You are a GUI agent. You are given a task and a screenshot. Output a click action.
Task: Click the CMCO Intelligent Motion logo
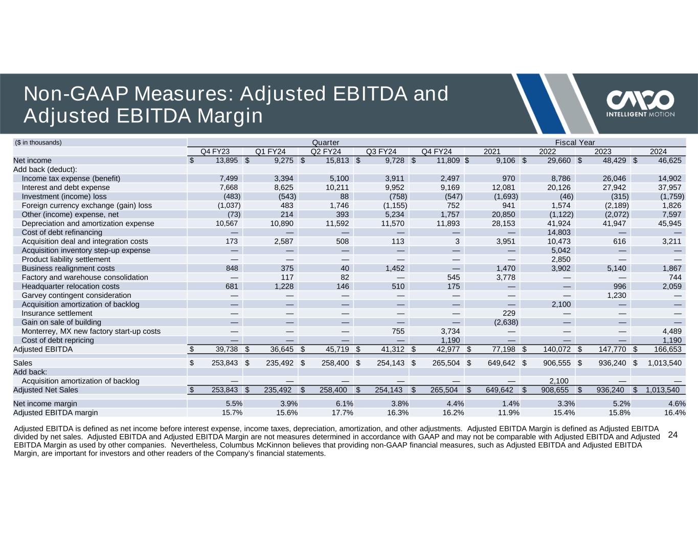(640, 104)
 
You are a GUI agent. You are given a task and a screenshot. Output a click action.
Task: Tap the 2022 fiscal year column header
(548, 151)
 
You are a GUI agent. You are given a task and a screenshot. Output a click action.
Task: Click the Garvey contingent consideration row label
(76, 295)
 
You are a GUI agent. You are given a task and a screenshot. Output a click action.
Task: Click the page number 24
(673, 435)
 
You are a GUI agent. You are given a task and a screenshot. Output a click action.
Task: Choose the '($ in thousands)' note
(38, 142)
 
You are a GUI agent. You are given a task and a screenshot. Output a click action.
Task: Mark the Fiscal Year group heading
(575, 142)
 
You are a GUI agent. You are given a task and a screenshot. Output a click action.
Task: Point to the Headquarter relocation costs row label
(71, 286)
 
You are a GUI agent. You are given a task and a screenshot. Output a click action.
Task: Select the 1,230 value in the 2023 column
(616, 295)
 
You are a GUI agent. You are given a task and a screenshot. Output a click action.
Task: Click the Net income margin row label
(45, 403)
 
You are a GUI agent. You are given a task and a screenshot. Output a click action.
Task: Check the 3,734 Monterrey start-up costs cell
(449, 331)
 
